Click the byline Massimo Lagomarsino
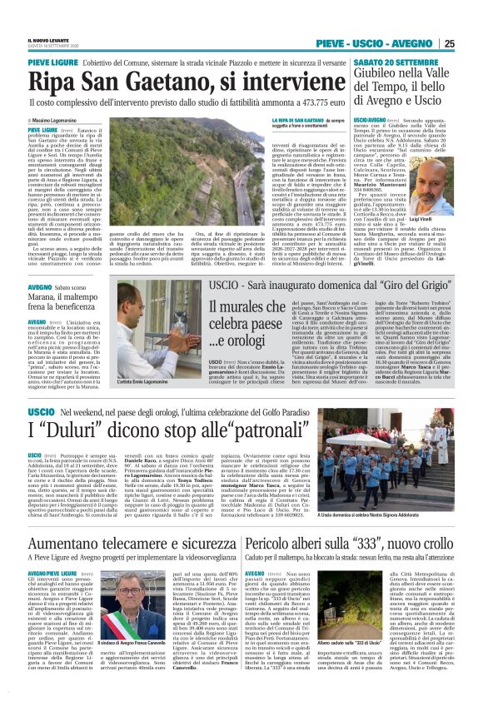[x=59, y=121]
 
